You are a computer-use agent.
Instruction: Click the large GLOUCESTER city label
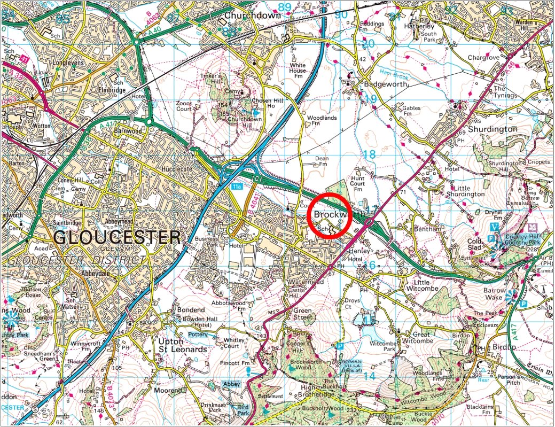click(118, 237)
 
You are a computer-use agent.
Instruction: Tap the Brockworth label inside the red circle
click(338, 214)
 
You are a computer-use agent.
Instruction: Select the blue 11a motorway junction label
click(237, 187)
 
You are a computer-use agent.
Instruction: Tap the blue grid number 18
click(369, 154)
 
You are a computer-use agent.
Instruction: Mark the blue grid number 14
click(369, 376)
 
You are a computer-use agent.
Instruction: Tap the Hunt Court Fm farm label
click(358, 183)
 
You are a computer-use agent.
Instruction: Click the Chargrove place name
click(483, 57)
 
